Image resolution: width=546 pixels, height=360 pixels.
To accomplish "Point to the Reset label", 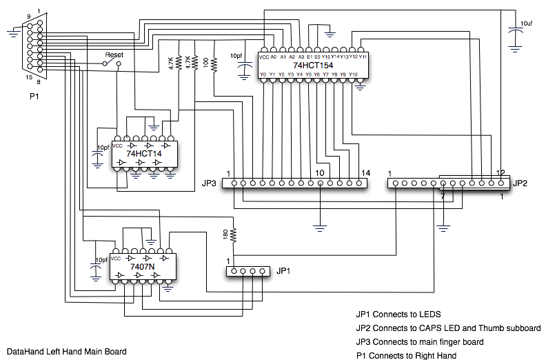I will click(x=114, y=54).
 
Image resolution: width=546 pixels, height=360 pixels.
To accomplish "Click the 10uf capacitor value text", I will click(x=527, y=23).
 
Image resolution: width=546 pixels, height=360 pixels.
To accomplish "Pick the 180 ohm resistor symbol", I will click(x=233, y=235).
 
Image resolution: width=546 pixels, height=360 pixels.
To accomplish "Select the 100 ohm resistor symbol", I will click(x=214, y=65).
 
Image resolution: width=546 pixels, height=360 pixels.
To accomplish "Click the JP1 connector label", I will click(x=283, y=271).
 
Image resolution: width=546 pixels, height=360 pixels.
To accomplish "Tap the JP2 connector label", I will click(x=520, y=184).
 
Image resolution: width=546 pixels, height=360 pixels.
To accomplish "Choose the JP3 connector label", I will click(x=210, y=184).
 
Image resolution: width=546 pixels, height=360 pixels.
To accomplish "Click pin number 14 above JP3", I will click(x=365, y=172).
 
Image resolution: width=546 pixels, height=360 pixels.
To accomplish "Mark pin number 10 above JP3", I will click(x=320, y=172).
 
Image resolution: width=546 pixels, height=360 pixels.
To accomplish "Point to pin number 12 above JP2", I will click(x=501, y=172).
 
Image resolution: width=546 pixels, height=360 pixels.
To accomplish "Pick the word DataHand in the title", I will click(x=25, y=352).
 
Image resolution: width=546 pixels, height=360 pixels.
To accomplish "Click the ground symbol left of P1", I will click(x=14, y=30).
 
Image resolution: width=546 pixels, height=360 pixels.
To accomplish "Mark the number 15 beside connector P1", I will click(x=19, y=77).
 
